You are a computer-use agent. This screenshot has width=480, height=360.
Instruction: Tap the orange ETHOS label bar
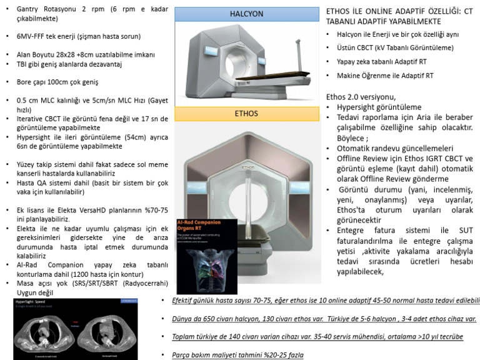[x=246, y=114]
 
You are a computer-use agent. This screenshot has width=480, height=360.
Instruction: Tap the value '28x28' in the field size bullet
[x=75, y=55]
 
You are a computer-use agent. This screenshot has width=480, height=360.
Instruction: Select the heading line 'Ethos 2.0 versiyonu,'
[x=361, y=97]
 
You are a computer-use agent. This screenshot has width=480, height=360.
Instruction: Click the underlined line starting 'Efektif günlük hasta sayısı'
[x=319, y=301]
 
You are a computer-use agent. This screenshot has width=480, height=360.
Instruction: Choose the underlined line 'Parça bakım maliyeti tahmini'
[x=237, y=354]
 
